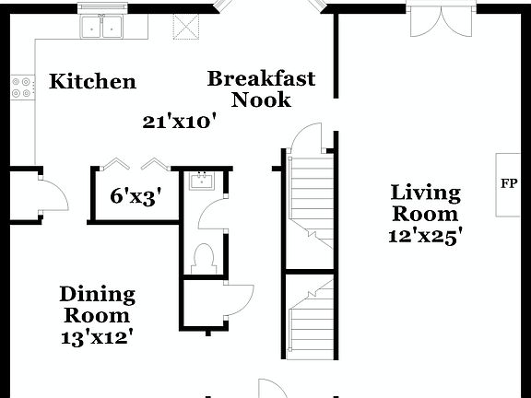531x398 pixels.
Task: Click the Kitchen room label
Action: tap(92, 82)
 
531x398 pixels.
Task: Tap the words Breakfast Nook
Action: tap(261, 88)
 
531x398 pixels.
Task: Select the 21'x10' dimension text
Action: tap(179, 120)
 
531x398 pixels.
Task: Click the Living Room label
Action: tap(425, 203)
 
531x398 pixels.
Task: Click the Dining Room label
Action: tap(97, 305)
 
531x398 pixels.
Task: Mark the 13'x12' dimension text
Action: tap(97, 336)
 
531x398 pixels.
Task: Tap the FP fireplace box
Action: tap(508, 183)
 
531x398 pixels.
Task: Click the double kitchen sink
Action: tap(101, 29)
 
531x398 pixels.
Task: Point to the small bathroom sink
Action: tap(198, 181)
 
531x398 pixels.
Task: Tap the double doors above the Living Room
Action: tap(442, 20)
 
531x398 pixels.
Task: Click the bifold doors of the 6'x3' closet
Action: tap(135, 164)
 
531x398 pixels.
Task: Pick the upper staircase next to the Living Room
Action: tap(308, 198)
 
